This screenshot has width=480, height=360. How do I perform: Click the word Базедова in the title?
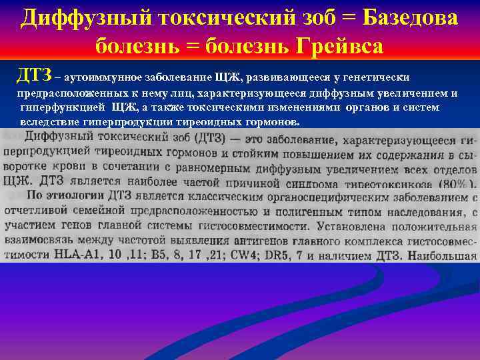pyautogui.click(x=409, y=18)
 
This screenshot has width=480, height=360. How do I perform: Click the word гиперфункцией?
pyautogui.click(x=62, y=107)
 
